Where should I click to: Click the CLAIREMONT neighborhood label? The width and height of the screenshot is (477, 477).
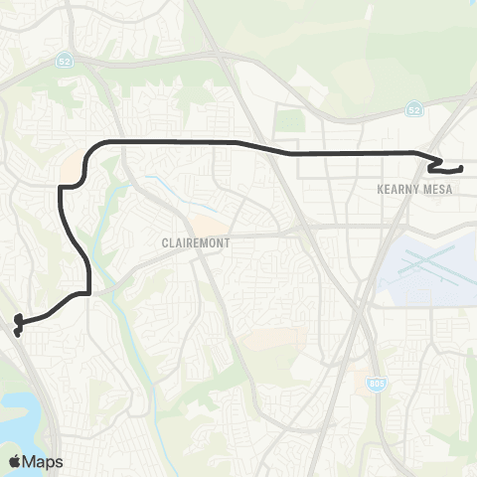(x=197, y=241)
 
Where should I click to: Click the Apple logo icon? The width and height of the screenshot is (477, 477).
(x=14, y=461)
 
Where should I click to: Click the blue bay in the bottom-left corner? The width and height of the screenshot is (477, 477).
(x=20, y=412)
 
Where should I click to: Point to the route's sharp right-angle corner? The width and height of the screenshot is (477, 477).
(x=89, y=293)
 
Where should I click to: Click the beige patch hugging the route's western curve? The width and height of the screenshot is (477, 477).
(x=72, y=171)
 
